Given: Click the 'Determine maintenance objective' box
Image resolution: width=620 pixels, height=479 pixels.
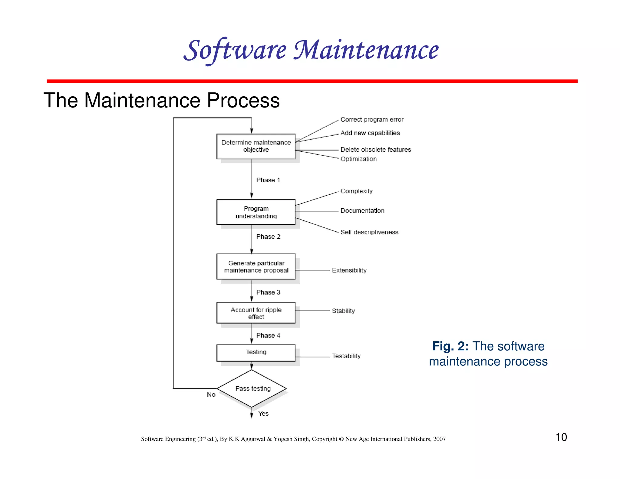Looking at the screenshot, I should [256, 146].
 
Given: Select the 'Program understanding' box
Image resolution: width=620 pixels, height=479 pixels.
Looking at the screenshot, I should [256, 212].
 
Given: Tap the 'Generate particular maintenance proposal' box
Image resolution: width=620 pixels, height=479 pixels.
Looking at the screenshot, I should [256, 266].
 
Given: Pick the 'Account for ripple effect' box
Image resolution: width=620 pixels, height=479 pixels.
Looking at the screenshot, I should [256, 313].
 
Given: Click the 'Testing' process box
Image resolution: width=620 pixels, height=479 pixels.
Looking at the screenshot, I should [256, 352].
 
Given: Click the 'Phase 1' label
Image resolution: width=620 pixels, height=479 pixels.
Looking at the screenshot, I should [268, 180].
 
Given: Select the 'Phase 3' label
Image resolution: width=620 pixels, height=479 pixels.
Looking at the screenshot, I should [268, 292].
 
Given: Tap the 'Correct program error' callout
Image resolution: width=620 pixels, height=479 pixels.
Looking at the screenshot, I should [372, 120].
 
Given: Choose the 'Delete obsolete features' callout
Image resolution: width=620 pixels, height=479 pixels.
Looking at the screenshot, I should [375, 149].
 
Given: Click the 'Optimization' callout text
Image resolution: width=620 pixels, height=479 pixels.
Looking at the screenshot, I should [358, 159].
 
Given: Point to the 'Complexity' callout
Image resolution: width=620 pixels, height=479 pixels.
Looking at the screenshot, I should [356, 191].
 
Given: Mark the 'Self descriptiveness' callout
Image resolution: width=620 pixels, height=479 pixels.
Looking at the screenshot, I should [369, 232].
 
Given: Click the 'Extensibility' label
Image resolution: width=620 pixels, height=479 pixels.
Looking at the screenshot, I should [349, 270].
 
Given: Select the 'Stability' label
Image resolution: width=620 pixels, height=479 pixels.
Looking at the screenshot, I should [343, 311].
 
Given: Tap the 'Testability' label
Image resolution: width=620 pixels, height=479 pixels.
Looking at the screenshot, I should [346, 356].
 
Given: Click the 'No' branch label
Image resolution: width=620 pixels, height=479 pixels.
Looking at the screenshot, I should [211, 395].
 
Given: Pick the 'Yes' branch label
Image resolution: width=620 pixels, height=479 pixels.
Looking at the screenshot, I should [263, 414].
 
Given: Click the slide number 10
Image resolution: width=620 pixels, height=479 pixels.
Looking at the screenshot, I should [561, 437].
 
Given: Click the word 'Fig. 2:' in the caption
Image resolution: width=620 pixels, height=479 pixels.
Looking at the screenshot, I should [450, 346].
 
